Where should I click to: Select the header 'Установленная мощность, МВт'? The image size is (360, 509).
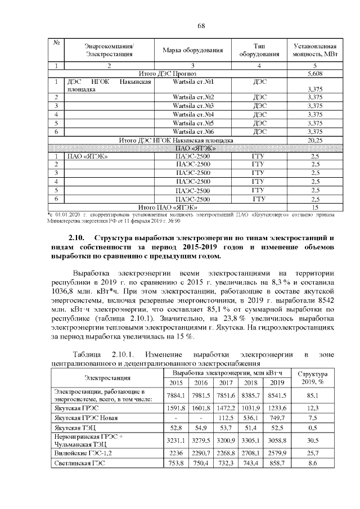click(x=315, y=49)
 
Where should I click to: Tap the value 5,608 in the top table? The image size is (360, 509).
click(x=315, y=74)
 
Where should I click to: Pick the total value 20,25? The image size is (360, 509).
click(x=315, y=139)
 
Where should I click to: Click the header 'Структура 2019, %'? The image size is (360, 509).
click(x=312, y=378)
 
